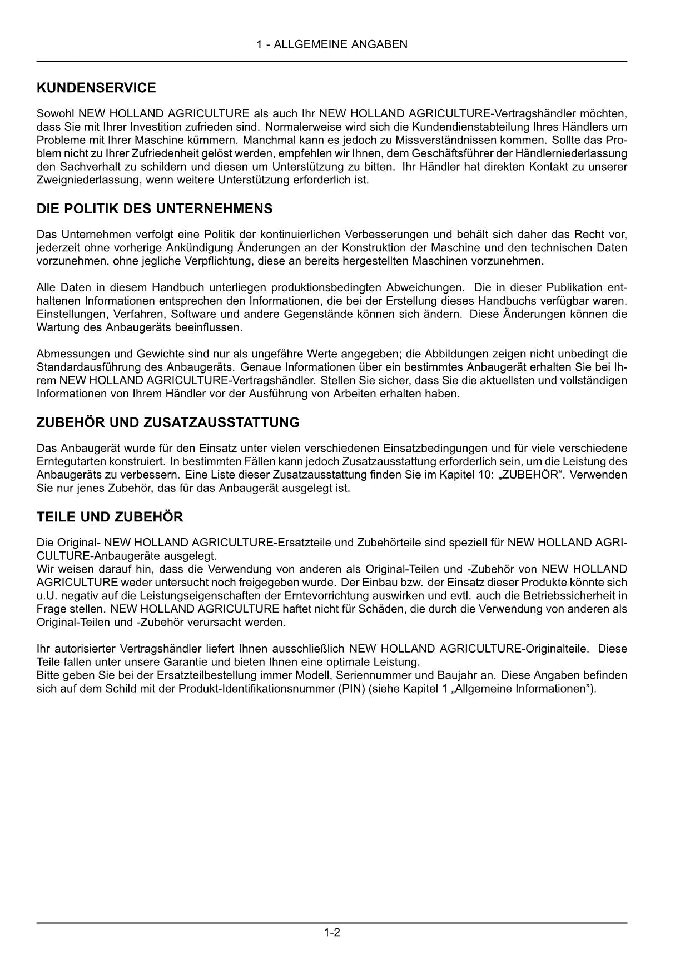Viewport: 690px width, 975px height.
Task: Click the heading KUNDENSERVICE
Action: [x=96, y=88]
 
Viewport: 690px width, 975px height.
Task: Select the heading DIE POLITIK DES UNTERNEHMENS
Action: [x=155, y=209]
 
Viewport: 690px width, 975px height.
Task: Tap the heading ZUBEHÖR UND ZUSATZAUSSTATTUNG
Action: [x=168, y=422]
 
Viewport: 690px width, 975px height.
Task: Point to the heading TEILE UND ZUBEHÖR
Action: [x=110, y=517]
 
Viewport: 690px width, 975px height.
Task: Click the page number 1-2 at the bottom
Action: [x=332, y=933]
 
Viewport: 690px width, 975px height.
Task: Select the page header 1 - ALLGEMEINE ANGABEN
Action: [x=332, y=44]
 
